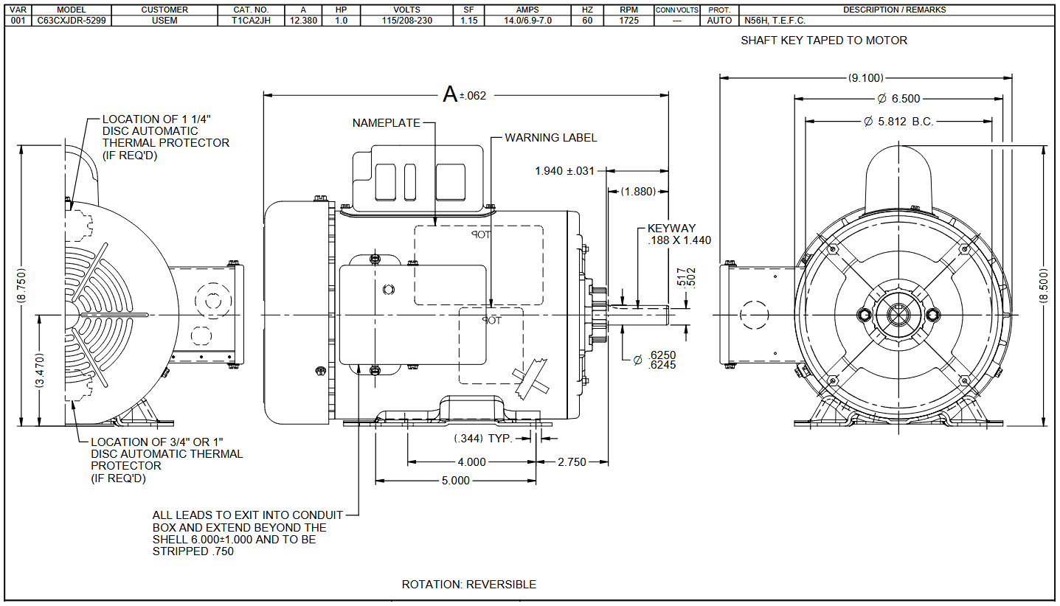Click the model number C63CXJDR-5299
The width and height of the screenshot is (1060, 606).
[x=72, y=21]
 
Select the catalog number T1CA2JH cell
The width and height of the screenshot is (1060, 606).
[x=251, y=21]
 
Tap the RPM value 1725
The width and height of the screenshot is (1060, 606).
[x=629, y=21]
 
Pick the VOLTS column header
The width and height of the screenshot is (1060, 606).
[x=407, y=10]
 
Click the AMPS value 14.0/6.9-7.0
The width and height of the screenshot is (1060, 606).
[x=527, y=21]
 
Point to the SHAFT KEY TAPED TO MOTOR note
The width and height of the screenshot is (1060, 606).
[x=824, y=41]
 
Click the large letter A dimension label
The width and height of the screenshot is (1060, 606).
[x=450, y=94]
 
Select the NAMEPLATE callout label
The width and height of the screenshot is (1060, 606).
[x=386, y=123]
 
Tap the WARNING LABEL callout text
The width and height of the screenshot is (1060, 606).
[x=551, y=138]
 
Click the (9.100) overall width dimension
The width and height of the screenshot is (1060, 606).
[x=866, y=77]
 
